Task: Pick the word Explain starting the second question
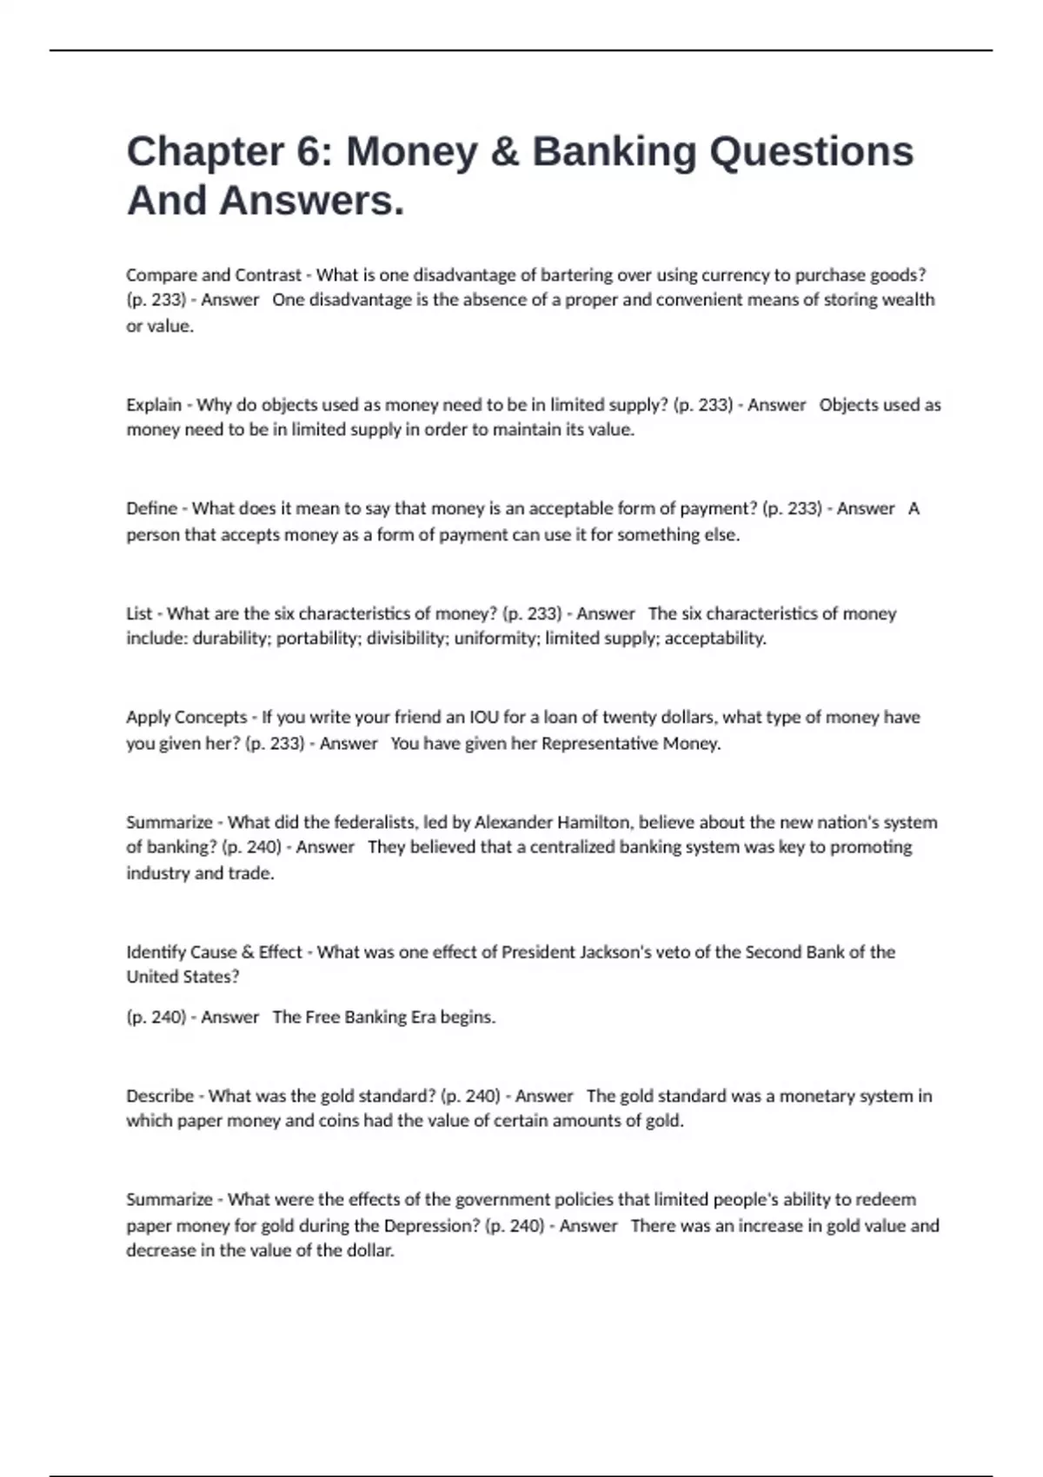click(x=154, y=405)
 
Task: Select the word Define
click(x=151, y=509)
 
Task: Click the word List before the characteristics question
click(x=139, y=613)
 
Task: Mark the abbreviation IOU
click(x=484, y=718)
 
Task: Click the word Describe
click(x=160, y=1096)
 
